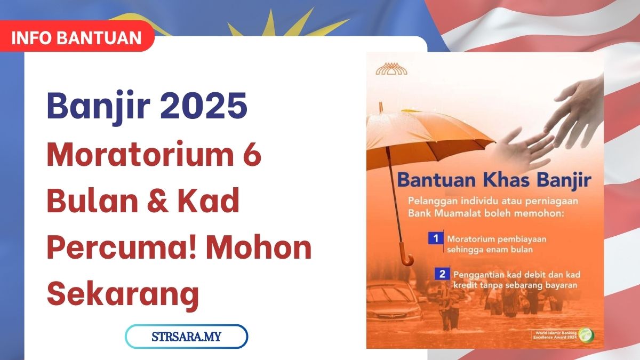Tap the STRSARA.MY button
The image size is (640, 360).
186,337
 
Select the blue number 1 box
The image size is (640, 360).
436,238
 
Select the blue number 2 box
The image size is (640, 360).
441,275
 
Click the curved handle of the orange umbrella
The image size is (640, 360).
407,260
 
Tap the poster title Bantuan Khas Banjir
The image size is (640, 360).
493,180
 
